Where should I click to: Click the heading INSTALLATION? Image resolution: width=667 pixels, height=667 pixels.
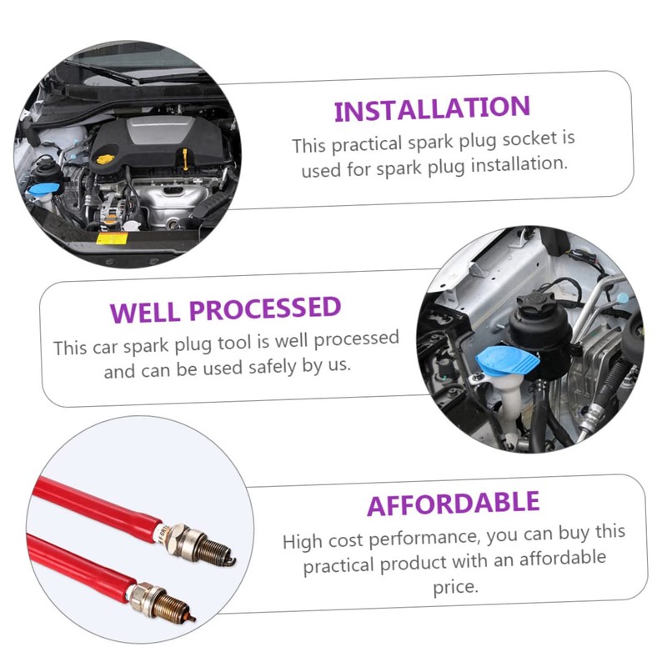coord(432,109)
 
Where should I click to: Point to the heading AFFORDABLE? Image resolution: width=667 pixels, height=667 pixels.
coord(453,504)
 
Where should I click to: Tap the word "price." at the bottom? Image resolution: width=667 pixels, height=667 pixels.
coord(455,588)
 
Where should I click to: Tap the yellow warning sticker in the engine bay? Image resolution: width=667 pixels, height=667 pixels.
coord(113,238)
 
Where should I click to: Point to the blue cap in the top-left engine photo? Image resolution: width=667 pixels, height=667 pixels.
coord(45,188)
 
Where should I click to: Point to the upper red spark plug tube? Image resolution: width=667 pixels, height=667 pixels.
coord(97,508)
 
